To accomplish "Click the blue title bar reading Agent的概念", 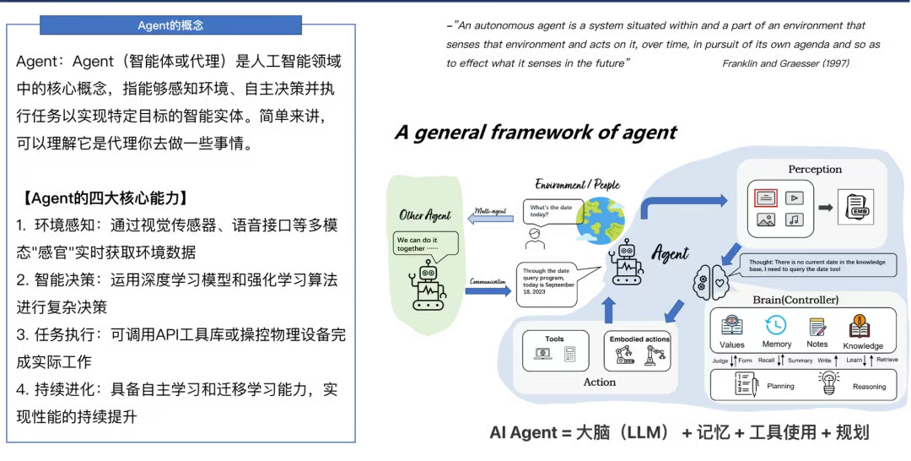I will [170, 25].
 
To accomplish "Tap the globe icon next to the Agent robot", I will [600, 220].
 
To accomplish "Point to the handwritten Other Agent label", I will [425, 215].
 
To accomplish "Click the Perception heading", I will [815, 169].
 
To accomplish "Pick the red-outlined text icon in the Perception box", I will [766, 198].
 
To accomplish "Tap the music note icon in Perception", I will [793, 220].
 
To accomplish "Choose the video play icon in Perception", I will [793, 198].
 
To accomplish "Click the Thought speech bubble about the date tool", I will [817, 267].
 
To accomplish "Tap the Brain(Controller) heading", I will [796, 300].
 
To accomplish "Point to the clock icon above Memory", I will [775, 325].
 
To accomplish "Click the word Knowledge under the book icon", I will [862, 345].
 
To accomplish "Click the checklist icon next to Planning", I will [745, 384].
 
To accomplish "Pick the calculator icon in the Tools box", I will [569, 355].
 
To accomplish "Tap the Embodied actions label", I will [639, 339].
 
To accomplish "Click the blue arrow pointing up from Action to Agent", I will [607, 309].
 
